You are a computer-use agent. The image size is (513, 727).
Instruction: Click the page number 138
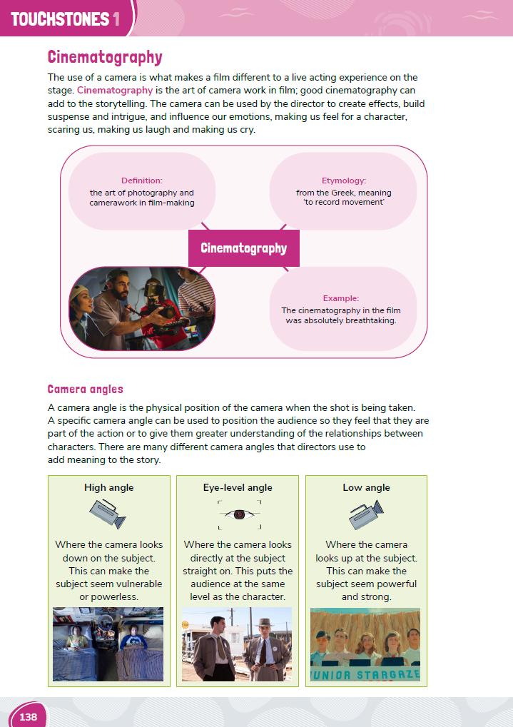tap(29, 716)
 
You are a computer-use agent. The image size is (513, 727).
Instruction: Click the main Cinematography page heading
tap(105, 57)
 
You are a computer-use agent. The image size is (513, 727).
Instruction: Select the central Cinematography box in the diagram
tap(243, 248)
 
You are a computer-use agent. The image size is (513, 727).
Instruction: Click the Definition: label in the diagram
tap(142, 181)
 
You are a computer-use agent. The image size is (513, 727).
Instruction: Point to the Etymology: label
tap(344, 181)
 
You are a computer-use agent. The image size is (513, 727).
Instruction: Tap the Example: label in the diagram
tap(341, 298)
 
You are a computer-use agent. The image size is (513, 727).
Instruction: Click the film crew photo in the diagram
tap(142, 308)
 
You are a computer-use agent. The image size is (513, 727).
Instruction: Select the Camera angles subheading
tap(86, 390)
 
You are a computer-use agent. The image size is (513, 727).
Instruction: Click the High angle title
tap(109, 488)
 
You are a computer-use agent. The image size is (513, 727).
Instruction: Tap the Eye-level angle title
tap(238, 488)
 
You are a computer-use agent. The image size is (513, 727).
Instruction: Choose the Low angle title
tap(366, 488)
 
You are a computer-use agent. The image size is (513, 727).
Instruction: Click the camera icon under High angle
tap(108, 514)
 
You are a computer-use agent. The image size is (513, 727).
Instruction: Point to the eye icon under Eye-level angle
tap(238, 514)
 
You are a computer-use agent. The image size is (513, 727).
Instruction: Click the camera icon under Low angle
tap(366, 514)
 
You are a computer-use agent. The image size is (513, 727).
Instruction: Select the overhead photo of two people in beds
tap(108, 644)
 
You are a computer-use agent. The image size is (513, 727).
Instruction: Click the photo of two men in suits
tap(237, 644)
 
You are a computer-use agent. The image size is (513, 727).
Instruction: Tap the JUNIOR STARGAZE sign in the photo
tap(365, 673)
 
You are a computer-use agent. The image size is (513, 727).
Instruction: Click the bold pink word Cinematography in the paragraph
tap(115, 91)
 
